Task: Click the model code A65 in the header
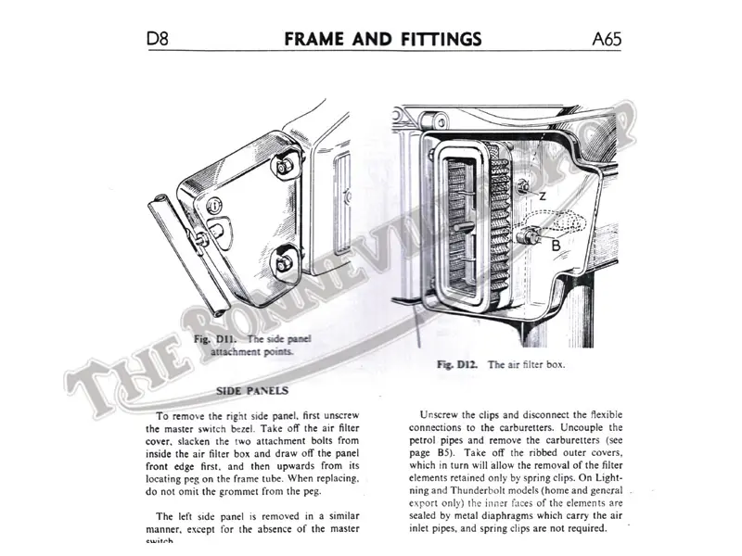[605, 38]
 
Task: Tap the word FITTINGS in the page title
[438, 38]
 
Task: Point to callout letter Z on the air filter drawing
[542, 196]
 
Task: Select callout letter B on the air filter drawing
[555, 246]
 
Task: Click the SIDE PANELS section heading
[252, 391]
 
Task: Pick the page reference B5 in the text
[453, 456]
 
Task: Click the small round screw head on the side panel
[215, 205]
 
